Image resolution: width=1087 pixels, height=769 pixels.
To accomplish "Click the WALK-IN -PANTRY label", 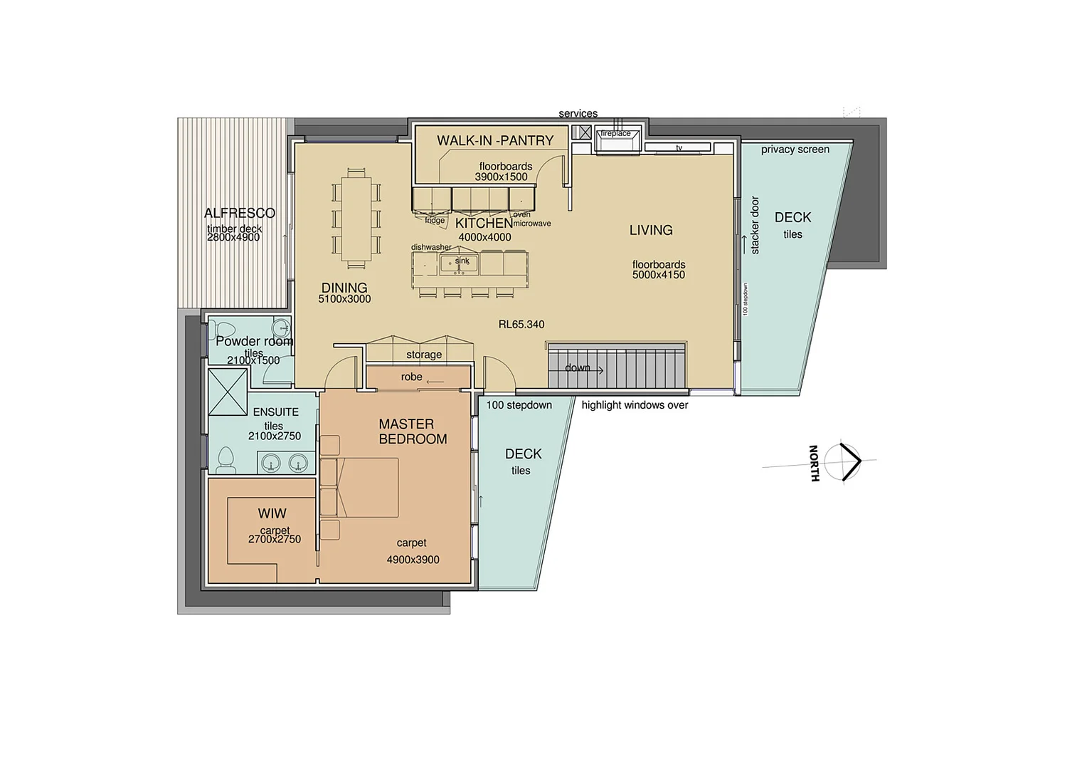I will click(495, 140).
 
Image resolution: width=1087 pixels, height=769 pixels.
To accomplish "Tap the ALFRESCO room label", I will click(239, 213).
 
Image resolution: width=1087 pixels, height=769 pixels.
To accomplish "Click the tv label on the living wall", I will click(679, 148).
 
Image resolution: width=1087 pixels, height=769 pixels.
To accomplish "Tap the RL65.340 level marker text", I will click(521, 324).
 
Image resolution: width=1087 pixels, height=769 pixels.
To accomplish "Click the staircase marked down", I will click(616, 367).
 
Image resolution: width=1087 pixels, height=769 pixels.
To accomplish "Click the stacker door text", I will click(755, 225).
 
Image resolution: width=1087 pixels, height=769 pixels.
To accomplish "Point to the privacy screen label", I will click(795, 150).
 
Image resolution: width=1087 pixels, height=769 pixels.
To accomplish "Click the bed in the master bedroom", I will click(366, 487).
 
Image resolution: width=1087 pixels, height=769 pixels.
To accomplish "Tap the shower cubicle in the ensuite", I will click(228, 392).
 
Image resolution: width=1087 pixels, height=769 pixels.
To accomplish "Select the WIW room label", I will click(272, 513).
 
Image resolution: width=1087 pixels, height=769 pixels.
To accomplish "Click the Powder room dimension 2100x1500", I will click(253, 360).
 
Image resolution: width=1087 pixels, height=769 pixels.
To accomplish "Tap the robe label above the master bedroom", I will click(411, 377).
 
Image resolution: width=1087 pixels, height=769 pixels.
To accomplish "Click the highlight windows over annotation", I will click(635, 405).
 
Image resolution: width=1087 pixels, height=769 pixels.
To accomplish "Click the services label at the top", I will click(578, 113).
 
